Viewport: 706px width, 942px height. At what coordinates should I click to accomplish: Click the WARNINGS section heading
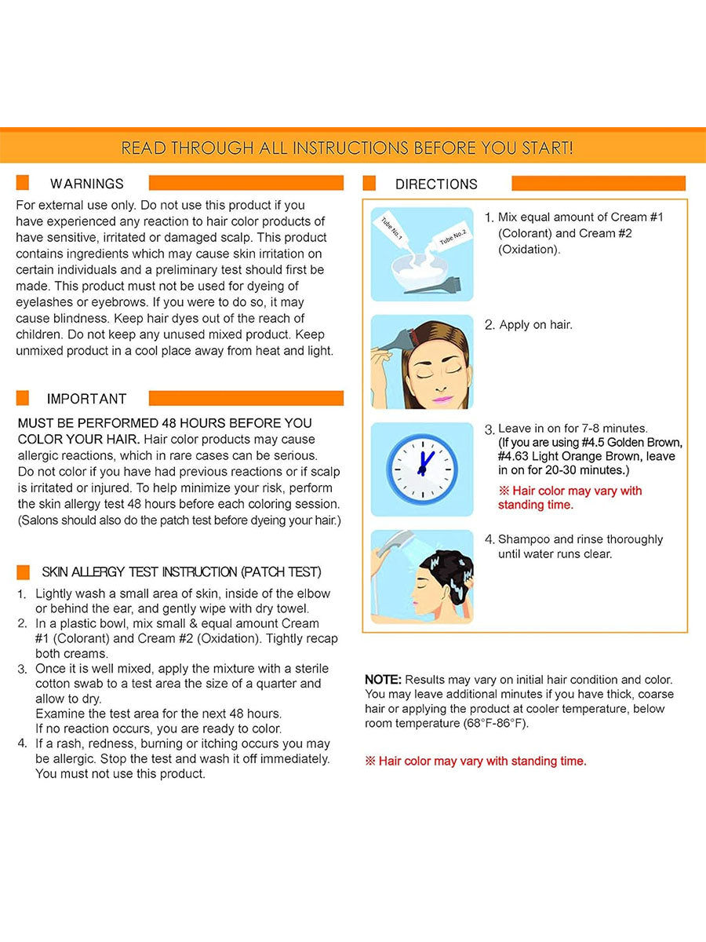[x=86, y=184]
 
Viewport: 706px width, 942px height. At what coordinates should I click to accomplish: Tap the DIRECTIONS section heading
[x=436, y=184]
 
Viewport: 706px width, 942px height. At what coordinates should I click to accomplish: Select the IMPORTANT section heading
[x=86, y=399]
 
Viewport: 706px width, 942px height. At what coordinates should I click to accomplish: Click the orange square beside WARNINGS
[x=23, y=183]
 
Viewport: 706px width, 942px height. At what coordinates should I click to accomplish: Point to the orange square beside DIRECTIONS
[x=369, y=184]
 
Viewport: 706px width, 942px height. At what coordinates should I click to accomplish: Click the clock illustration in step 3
[x=422, y=469]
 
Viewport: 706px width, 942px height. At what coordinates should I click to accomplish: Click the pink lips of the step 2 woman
[x=437, y=399]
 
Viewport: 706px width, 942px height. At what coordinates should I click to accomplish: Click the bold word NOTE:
[x=383, y=680]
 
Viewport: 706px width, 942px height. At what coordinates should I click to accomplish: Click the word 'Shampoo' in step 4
[x=525, y=539]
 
